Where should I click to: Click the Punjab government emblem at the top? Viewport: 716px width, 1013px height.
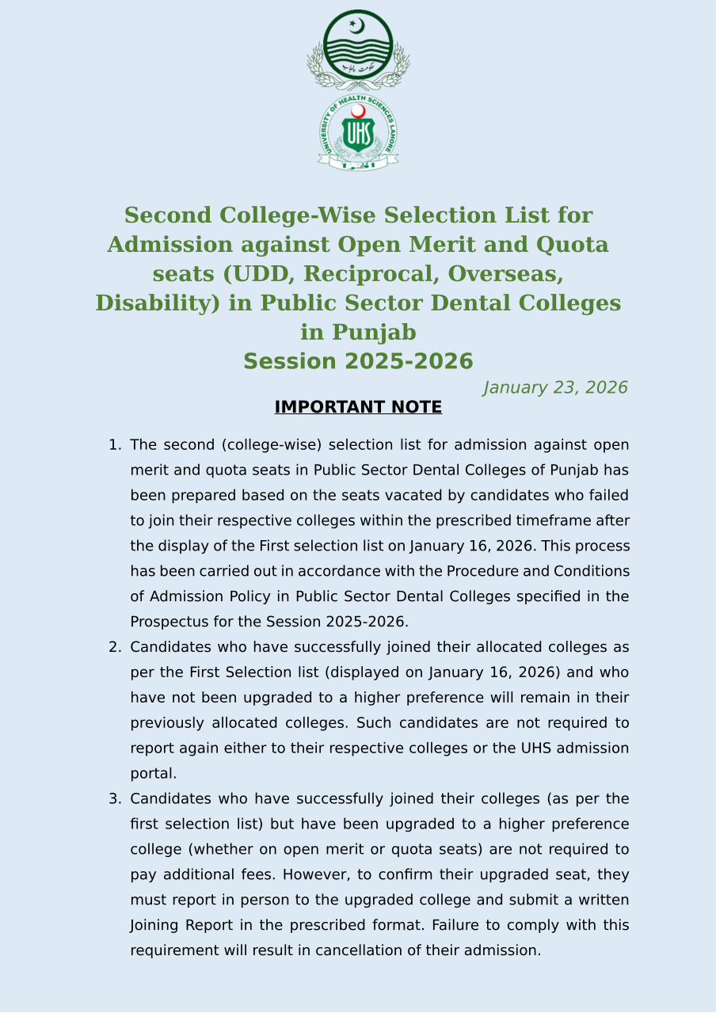coord(358,49)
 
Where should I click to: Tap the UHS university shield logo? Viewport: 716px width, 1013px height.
coord(358,132)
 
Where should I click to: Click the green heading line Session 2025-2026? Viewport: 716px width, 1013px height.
coord(358,362)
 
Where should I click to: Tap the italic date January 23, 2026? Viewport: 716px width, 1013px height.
coord(555,388)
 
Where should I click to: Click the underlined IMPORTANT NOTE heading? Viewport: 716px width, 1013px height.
coord(358,407)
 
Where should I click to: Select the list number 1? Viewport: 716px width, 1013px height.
coord(113,445)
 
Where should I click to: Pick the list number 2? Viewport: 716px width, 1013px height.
coord(113,647)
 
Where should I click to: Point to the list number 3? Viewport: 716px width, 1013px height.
coord(113,798)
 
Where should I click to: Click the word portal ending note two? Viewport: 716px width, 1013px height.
coord(153,774)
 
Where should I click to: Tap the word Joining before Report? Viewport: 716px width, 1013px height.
coord(154,925)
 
